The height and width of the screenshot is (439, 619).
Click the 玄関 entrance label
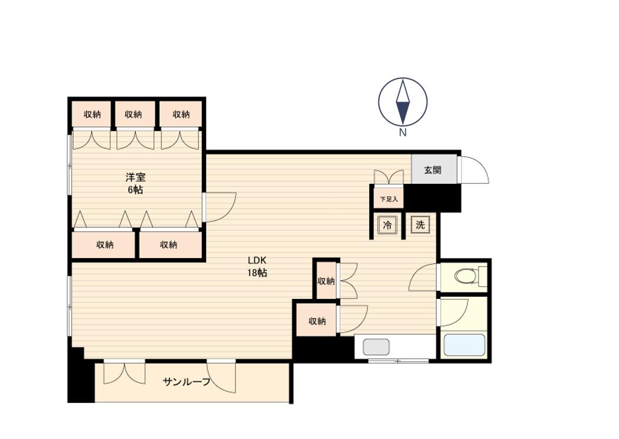[x=432, y=170]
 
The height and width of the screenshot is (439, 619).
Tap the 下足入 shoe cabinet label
[x=389, y=199]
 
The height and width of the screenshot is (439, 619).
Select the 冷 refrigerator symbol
[x=387, y=225]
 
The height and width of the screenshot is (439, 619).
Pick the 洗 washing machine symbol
[x=420, y=225]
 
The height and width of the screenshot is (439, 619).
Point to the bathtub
[x=464, y=345]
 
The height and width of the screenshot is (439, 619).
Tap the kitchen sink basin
[x=376, y=347]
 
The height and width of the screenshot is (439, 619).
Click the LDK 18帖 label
[x=257, y=267]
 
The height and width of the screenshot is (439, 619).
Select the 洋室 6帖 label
[x=135, y=183]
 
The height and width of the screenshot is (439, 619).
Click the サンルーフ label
[x=186, y=381]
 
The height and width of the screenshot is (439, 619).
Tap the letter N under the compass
[x=403, y=133]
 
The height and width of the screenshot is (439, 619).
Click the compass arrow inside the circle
[x=403, y=102]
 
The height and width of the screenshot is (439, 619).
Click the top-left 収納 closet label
[x=92, y=114]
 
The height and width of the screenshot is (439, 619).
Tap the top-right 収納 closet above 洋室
[x=181, y=114]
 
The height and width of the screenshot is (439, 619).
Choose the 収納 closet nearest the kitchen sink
[x=317, y=322]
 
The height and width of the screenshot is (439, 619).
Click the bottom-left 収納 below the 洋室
[x=105, y=245]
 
